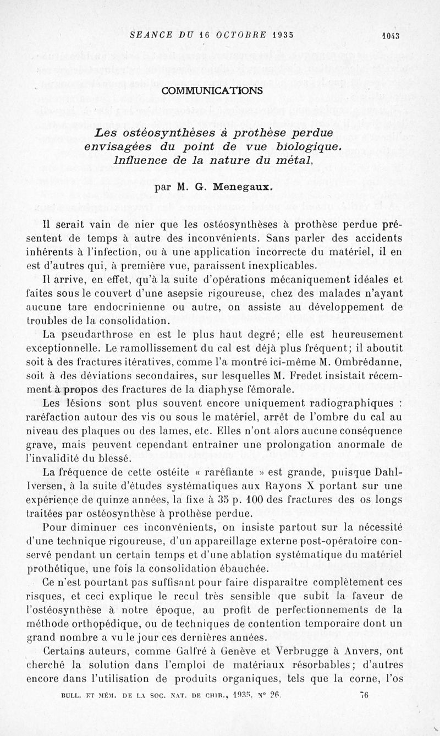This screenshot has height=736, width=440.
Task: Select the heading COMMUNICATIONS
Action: pos(221,90)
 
